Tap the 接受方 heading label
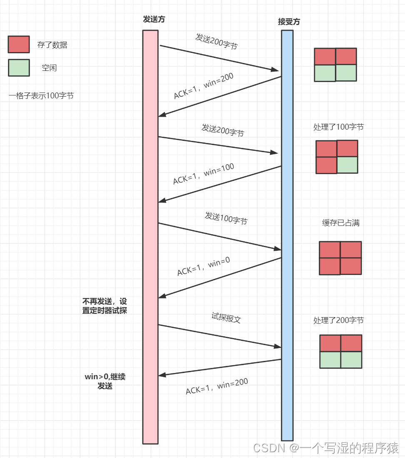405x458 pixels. coord(289,22)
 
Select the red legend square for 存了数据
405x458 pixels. coord(19,45)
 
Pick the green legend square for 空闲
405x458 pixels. coord(19,68)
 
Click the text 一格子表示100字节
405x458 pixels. coord(41,95)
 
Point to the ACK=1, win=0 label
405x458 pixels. coord(203,266)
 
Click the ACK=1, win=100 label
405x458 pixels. coord(203,174)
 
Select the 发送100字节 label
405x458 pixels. coord(226,218)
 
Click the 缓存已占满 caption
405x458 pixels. coord(340,223)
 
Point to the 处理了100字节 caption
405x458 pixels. coord(338,127)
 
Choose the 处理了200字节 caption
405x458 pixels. coord(338,320)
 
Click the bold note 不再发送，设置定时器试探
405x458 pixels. coord(105,306)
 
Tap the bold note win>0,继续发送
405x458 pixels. coord(105,381)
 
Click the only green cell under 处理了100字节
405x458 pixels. coord(347,165)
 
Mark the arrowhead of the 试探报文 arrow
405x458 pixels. coord(277,346)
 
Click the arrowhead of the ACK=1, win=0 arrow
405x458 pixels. coord(162,296)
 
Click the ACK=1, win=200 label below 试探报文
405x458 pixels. coord(217,386)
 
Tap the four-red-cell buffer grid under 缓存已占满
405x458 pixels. coord(340,258)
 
